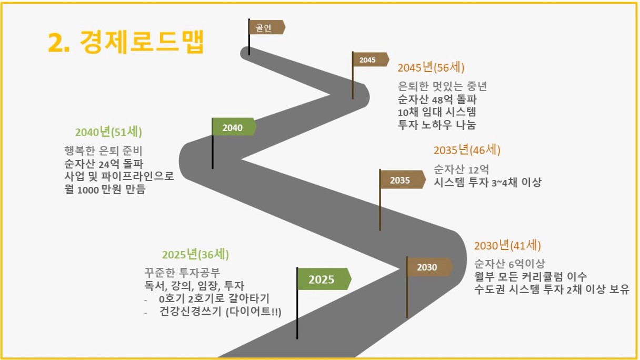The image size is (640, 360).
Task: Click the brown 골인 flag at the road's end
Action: click(267, 27)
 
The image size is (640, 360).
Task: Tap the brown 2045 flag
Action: click(371, 59)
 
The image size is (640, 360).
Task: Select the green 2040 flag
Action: click(234, 127)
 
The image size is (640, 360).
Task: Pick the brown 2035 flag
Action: click(402, 180)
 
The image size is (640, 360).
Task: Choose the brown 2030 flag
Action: click(429, 267)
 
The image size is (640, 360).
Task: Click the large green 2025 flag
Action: click(324, 279)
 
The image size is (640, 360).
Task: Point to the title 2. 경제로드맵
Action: click(126, 42)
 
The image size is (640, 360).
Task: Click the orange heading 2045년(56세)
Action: click(431, 68)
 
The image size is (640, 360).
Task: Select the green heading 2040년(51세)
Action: click(108, 132)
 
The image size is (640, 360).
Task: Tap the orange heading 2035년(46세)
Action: click(467, 150)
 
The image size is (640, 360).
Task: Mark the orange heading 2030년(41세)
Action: click(508, 245)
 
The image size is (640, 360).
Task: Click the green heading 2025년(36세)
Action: click(195, 255)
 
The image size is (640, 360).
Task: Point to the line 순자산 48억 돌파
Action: click(437, 99)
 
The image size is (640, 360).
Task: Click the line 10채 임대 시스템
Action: click(437, 112)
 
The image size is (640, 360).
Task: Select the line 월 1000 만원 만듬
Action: click(105, 189)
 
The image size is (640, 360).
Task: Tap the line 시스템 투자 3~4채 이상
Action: click(487, 182)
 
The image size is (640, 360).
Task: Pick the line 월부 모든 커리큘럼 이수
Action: click(531, 276)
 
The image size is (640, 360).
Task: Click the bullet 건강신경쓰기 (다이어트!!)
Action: click(220, 311)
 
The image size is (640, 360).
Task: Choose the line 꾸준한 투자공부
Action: click(182, 273)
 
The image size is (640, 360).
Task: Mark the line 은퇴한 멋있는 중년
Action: click(442, 86)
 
